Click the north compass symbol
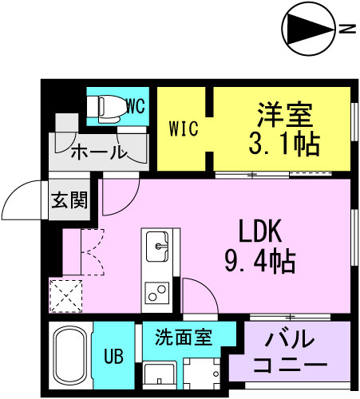pyautogui.click(x=308, y=30)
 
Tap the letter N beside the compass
pyautogui.click(x=347, y=29)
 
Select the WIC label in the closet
pyautogui.click(x=184, y=128)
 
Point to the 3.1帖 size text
pyautogui.click(x=284, y=144)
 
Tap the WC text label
pyautogui.click(x=136, y=106)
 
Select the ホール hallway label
pyautogui.click(x=98, y=152)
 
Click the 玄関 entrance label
pyautogui.click(x=69, y=200)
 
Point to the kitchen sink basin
pyautogui.click(x=157, y=247)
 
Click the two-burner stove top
pyautogui.click(x=157, y=293)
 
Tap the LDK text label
pyautogui.click(x=260, y=231)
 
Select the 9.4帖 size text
pyautogui.click(x=260, y=262)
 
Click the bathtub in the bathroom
pyautogui.click(x=70, y=355)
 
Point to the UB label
pyautogui.click(x=113, y=356)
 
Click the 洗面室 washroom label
pyautogui.click(x=184, y=337)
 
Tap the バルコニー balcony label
pyautogui.click(x=291, y=354)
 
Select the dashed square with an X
pyautogui.click(x=65, y=296)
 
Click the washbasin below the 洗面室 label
pyautogui.click(x=159, y=374)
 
